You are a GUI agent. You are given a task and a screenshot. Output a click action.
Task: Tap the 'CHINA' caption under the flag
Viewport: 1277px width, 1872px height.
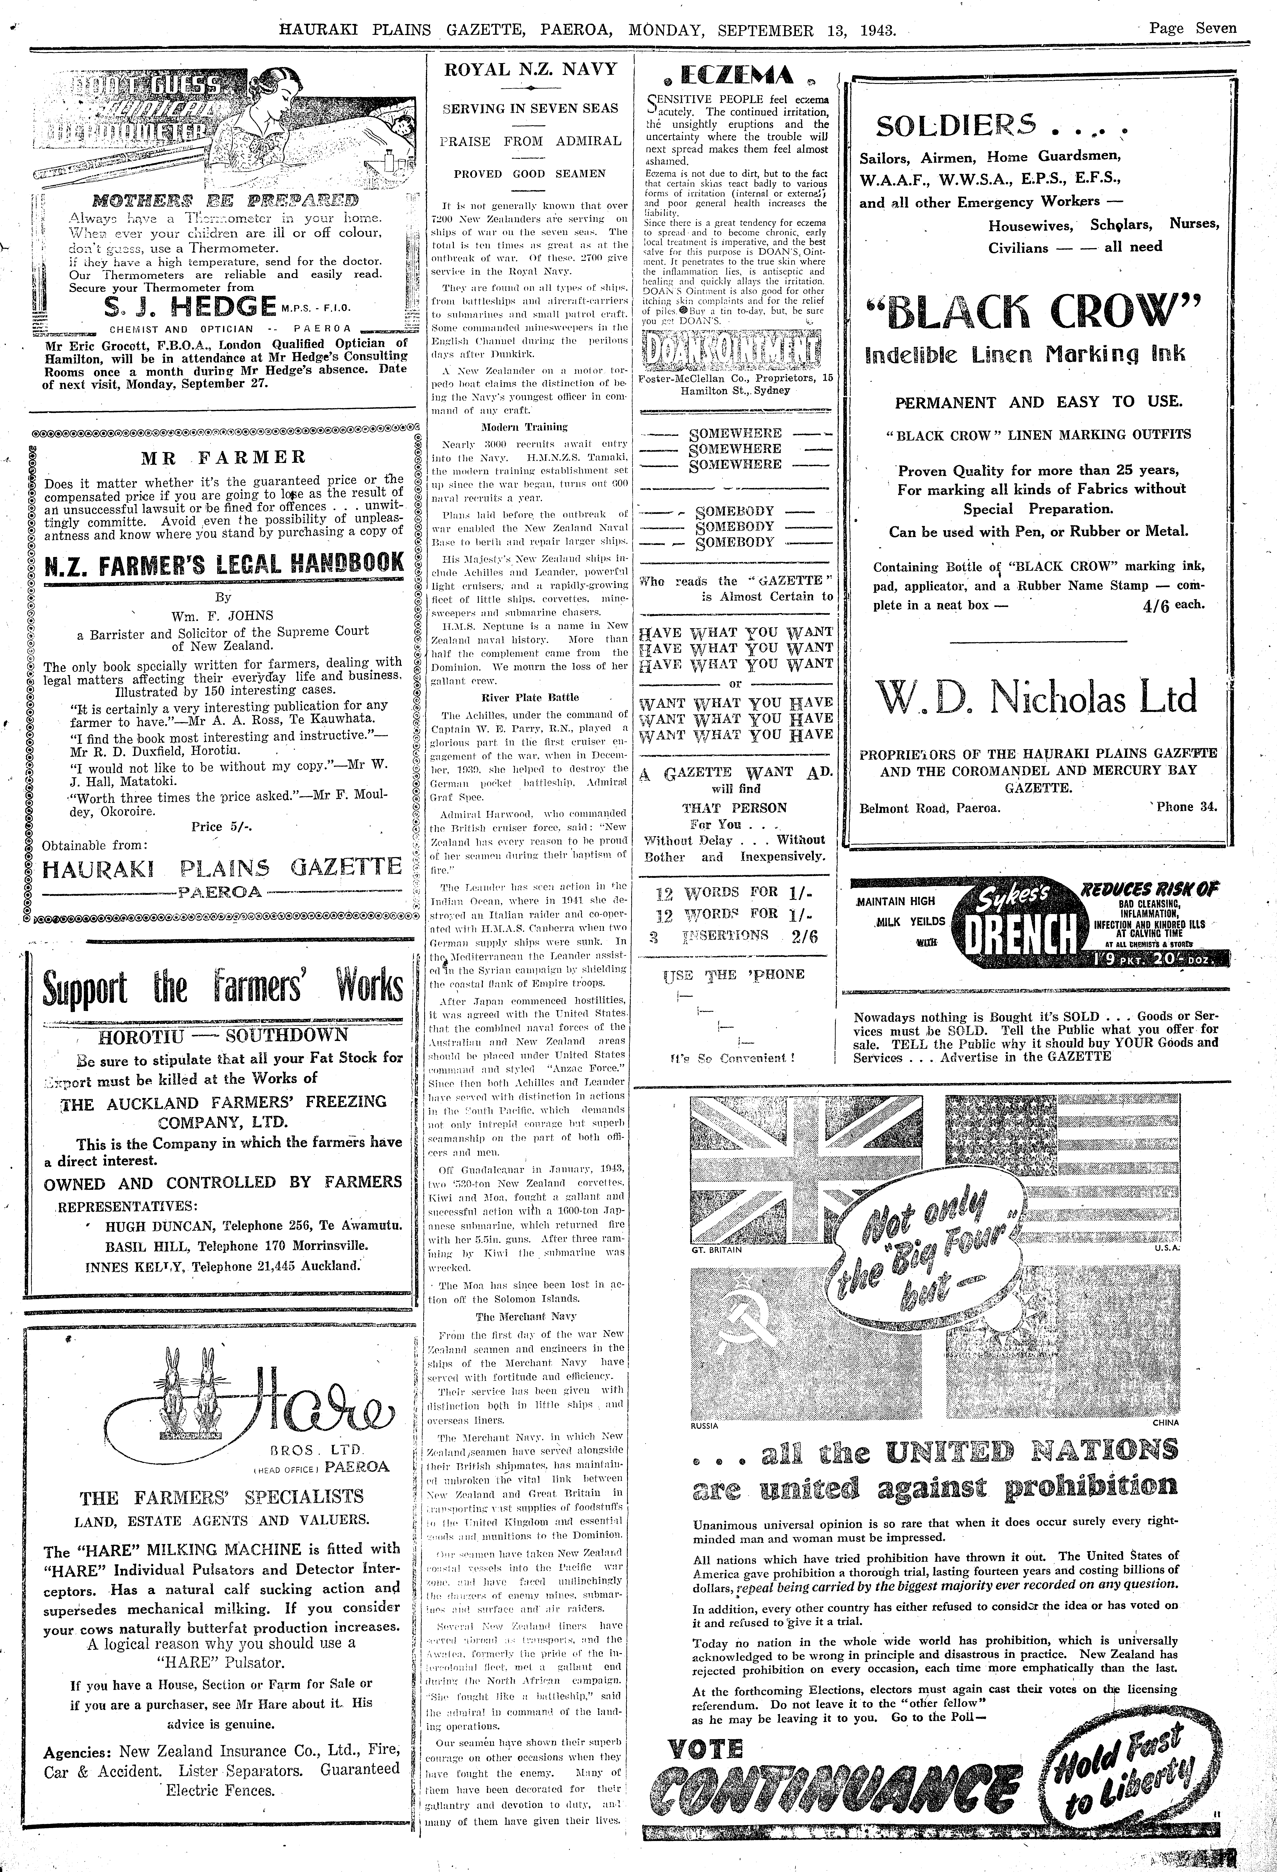coord(1164,1423)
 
